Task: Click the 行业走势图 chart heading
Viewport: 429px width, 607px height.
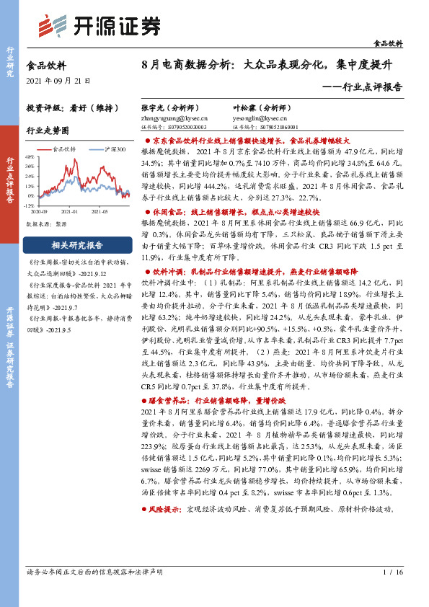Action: click(x=48, y=131)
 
